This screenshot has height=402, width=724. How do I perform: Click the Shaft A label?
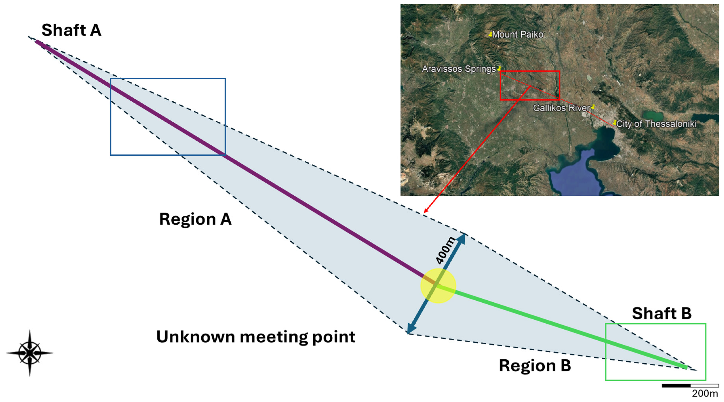coord(71,30)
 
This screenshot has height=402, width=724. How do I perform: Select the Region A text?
coord(195,219)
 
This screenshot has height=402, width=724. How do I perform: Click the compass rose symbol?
coord(30,353)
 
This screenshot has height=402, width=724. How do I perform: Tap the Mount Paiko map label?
coord(518,35)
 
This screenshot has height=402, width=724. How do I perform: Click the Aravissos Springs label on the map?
coord(459,69)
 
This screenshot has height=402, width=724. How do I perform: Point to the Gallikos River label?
coord(561,108)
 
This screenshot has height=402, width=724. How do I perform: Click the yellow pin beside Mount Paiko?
coord(490,34)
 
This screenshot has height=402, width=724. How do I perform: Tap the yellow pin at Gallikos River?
coord(593,107)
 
